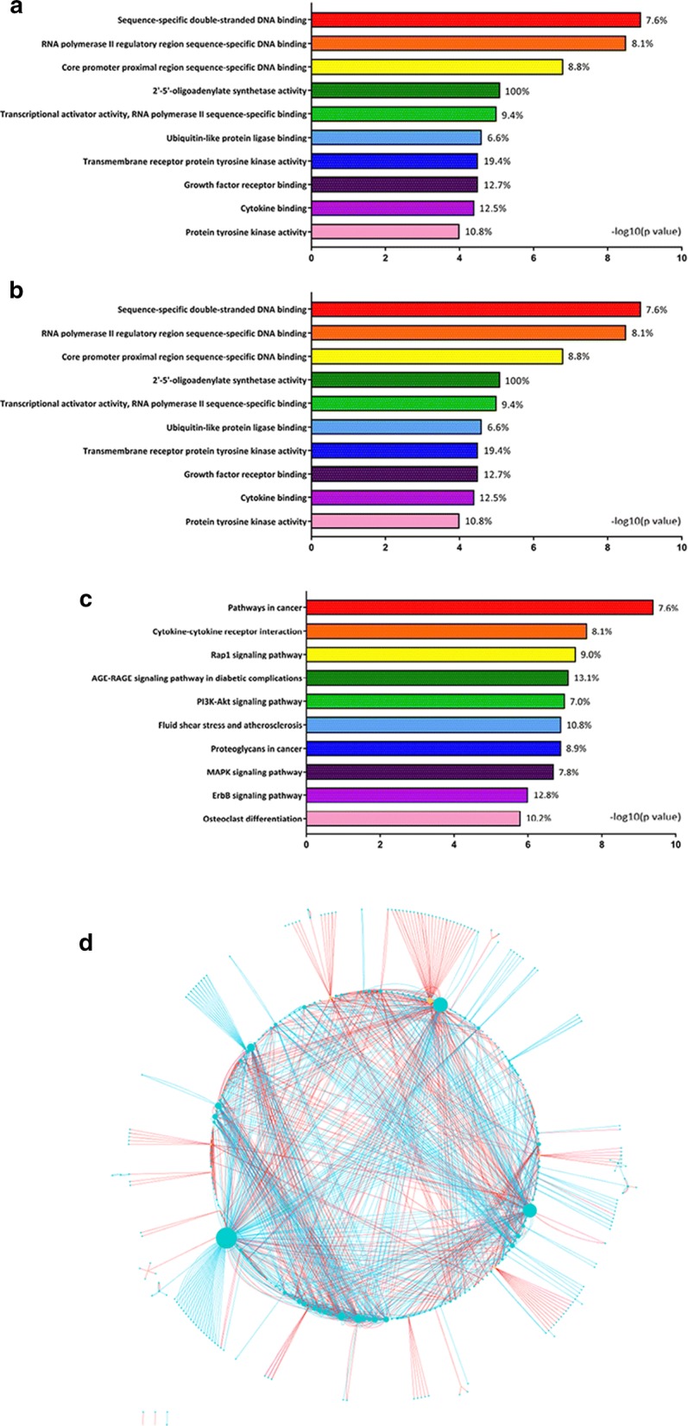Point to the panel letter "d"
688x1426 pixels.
86,943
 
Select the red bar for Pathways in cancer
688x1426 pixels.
479,608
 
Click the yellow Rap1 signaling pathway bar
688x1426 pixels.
440,655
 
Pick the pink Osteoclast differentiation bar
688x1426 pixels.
413,818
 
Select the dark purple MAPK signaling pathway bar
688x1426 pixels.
429,772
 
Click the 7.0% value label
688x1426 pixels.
578,701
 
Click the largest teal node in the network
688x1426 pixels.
226,1237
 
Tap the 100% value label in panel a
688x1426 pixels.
517,91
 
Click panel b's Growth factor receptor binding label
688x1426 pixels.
245,474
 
